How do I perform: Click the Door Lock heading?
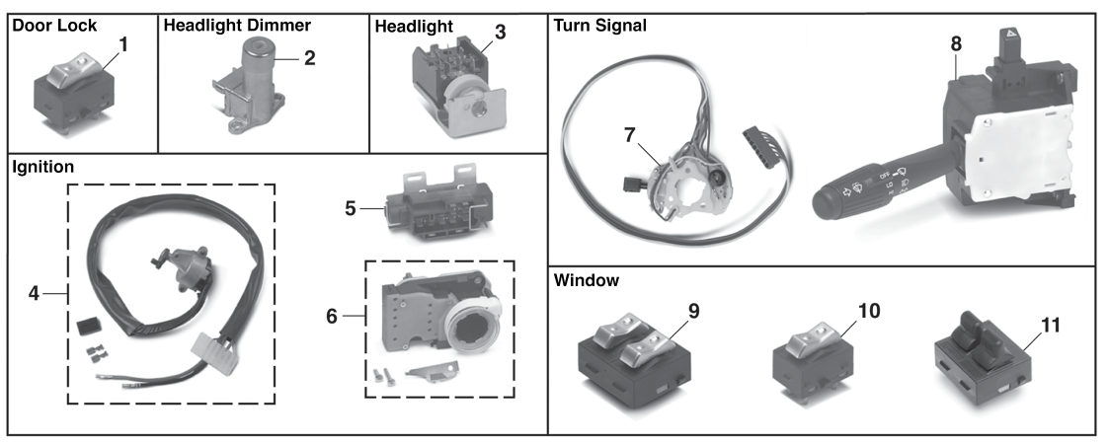pos(54,27)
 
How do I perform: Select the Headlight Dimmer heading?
pos(237,27)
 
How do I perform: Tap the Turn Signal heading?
pos(599,27)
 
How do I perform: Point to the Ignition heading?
pos(43,168)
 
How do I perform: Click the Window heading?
pos(587,280)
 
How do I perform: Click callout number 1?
pos(123,44)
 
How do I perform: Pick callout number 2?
pos(309,58)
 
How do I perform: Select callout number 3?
pos(500,32)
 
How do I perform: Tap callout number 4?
pos(34,293)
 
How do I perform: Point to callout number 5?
pos(351,209)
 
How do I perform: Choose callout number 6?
pos(332,316)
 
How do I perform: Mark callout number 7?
pos(630,135)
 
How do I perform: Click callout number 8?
pos(956,43)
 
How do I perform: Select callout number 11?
pos(1051,326)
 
